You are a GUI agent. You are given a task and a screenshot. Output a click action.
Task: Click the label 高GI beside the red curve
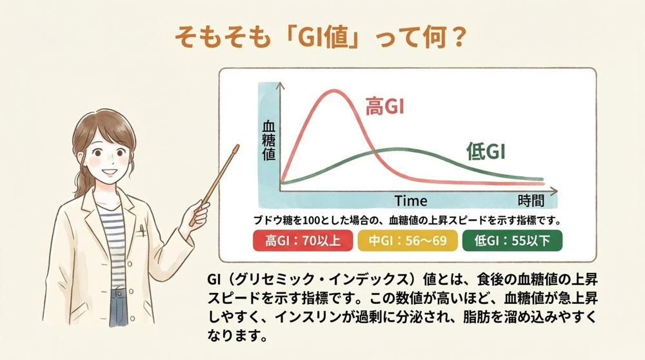(385, 107)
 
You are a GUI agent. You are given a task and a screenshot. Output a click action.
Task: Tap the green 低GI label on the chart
(485, 152)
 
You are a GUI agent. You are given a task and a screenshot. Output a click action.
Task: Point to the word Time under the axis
(411, 201)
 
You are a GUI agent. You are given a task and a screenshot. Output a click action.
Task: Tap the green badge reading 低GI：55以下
(513, 241)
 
